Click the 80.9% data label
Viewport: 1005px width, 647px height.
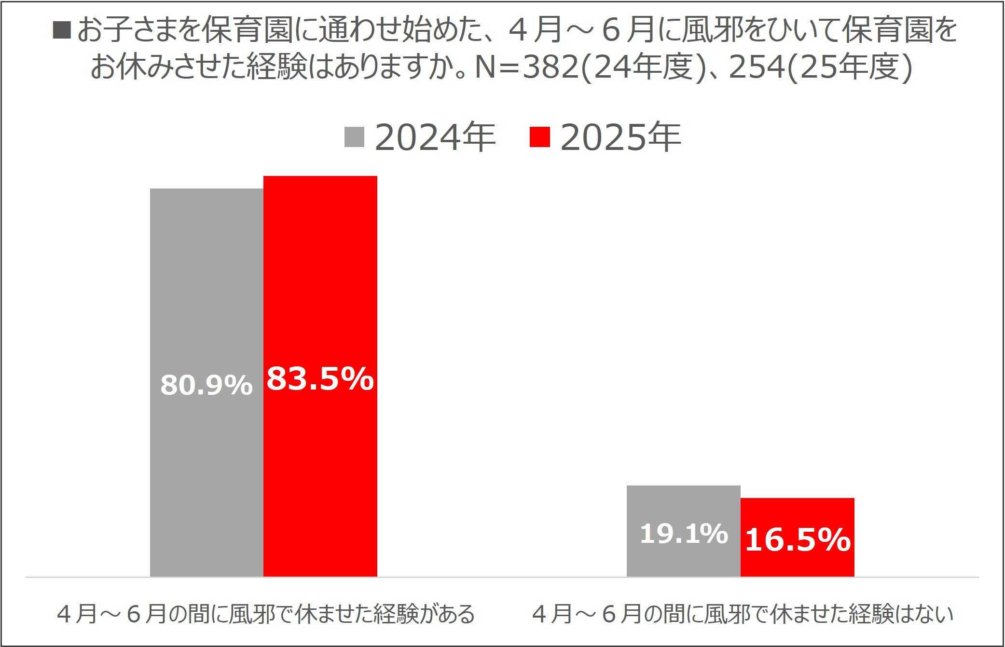pyautogui.click(x=207, y=385)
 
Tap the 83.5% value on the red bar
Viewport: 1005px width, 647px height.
pyautogui.click(x=320, y=378)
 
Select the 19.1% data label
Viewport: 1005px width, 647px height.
pyautogui.click(x=684, y=534)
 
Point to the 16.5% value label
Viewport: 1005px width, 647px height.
pyautogui.click(x=798, y=539)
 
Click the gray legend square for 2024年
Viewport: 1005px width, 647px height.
pyautogui.click(x=354, y=137)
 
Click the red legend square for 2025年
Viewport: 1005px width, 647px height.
pyautogui.click(x=539, y=137)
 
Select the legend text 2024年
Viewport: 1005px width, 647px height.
pyautogui.click(x=435, y=137)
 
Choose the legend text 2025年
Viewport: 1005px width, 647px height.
pyautogui.click(x=620, y=137)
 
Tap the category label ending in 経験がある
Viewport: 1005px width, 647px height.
pyautogui.click(x=266, y=614)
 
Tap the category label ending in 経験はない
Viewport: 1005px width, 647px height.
pyautogui.click(x=743, y=614)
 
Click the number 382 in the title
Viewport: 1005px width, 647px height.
pyautogui.click(x=551, y=67)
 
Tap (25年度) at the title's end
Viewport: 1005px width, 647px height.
pyautogui.click(x=850, y=67)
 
